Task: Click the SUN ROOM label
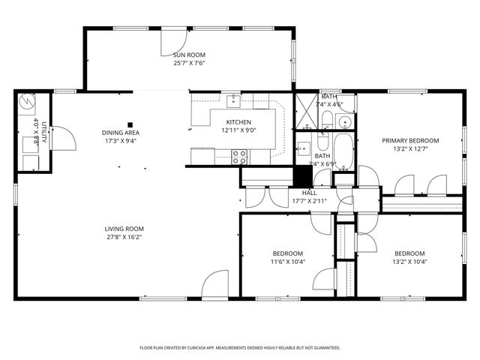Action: coord(189,55)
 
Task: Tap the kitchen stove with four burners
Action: coord(239,157)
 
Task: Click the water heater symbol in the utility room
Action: coord(28,101)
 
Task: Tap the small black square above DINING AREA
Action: coord(130,124)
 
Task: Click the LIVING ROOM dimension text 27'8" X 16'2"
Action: coord(124,237)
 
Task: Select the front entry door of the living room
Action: coord(215,285)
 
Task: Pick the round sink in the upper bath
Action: coord(345,122)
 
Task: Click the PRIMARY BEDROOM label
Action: coord(410,140)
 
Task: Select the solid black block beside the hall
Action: coord(302,175)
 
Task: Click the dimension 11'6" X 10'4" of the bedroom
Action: coord(287,262)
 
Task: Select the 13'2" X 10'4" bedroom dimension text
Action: coord(409,262)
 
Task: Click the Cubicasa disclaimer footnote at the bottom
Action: coord(240,348)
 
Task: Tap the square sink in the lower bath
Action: coord(304,147)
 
